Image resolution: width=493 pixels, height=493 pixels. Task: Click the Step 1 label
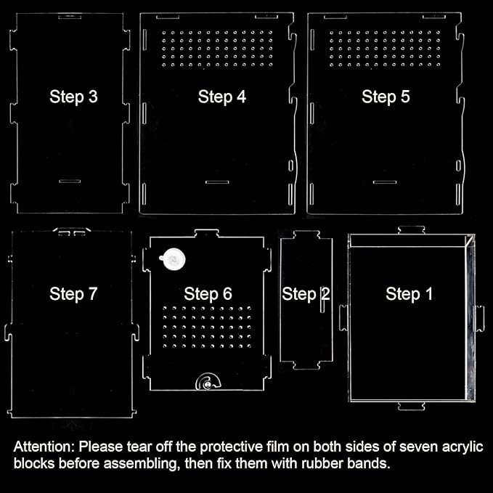pyautogui.click(x=409, y=294)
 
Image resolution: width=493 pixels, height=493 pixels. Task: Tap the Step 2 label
pyautogui.click(x=306, y=294)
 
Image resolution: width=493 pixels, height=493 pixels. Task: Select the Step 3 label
pyautogui.click(x=73, y=97)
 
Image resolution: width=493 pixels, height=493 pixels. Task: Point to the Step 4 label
pyautogui.click(x=222, y=97)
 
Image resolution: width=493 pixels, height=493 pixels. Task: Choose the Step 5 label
pyautogui.click(x=386, y=97)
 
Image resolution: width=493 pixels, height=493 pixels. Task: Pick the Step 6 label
pyautogui.click(x=208, y=294)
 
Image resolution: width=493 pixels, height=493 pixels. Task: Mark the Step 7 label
pyautogui.click(x=73, y=294)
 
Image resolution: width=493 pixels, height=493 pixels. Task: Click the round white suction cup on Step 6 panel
pyautogui.click(x=173, y=259)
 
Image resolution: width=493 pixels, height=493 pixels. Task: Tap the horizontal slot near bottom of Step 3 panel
pyautogui.click(x=70, y=182)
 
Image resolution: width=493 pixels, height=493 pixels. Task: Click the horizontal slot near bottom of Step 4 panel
pyautogui.click(x=217, y=182)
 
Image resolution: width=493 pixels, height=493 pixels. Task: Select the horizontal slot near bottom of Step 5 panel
pyautogui.click(x=385, y=182)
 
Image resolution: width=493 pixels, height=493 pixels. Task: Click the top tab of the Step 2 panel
pyautogui.click(x=306, y=235)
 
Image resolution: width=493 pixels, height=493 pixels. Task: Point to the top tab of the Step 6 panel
pyautogui.click(x=207, y=233)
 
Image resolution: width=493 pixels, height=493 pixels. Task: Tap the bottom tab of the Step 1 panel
pyautogui.click(x=411, y=406)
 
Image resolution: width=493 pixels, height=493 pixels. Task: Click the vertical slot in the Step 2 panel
pyautogui.click(x=322, y=300)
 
